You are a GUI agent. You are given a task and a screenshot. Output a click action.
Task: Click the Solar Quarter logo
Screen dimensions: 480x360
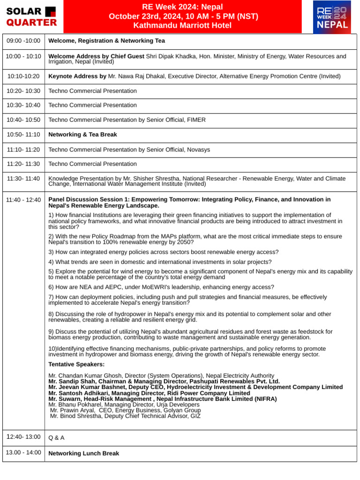click(31, 17)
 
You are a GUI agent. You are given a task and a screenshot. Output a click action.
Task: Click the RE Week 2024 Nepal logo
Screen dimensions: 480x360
click(332, 17)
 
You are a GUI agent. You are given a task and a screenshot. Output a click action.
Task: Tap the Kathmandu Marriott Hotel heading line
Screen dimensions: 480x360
click(182, 26)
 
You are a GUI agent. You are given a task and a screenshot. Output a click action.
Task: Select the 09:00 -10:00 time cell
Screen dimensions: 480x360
click(23, 41)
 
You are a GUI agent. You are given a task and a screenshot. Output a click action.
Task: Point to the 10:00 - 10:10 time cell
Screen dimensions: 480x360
click(23, 57)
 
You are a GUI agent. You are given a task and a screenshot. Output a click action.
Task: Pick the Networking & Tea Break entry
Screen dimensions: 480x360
click(82, 135)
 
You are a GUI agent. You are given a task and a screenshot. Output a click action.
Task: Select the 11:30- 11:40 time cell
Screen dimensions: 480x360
click(23, 179)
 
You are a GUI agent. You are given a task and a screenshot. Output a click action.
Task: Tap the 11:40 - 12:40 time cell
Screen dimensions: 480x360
click(23, 200)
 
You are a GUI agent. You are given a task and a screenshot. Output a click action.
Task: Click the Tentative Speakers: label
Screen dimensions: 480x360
click(76, 365)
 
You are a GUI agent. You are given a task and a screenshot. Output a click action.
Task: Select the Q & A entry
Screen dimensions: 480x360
click(56, 438)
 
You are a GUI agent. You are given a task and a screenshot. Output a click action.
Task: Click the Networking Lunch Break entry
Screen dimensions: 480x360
click(83, 454)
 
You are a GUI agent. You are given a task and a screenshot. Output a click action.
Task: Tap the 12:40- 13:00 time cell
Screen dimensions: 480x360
click(23, 437)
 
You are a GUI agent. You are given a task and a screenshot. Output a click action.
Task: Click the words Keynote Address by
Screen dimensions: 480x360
click(77, 76)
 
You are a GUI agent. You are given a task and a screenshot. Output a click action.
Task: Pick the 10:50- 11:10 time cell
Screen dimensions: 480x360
click(23, 135)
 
